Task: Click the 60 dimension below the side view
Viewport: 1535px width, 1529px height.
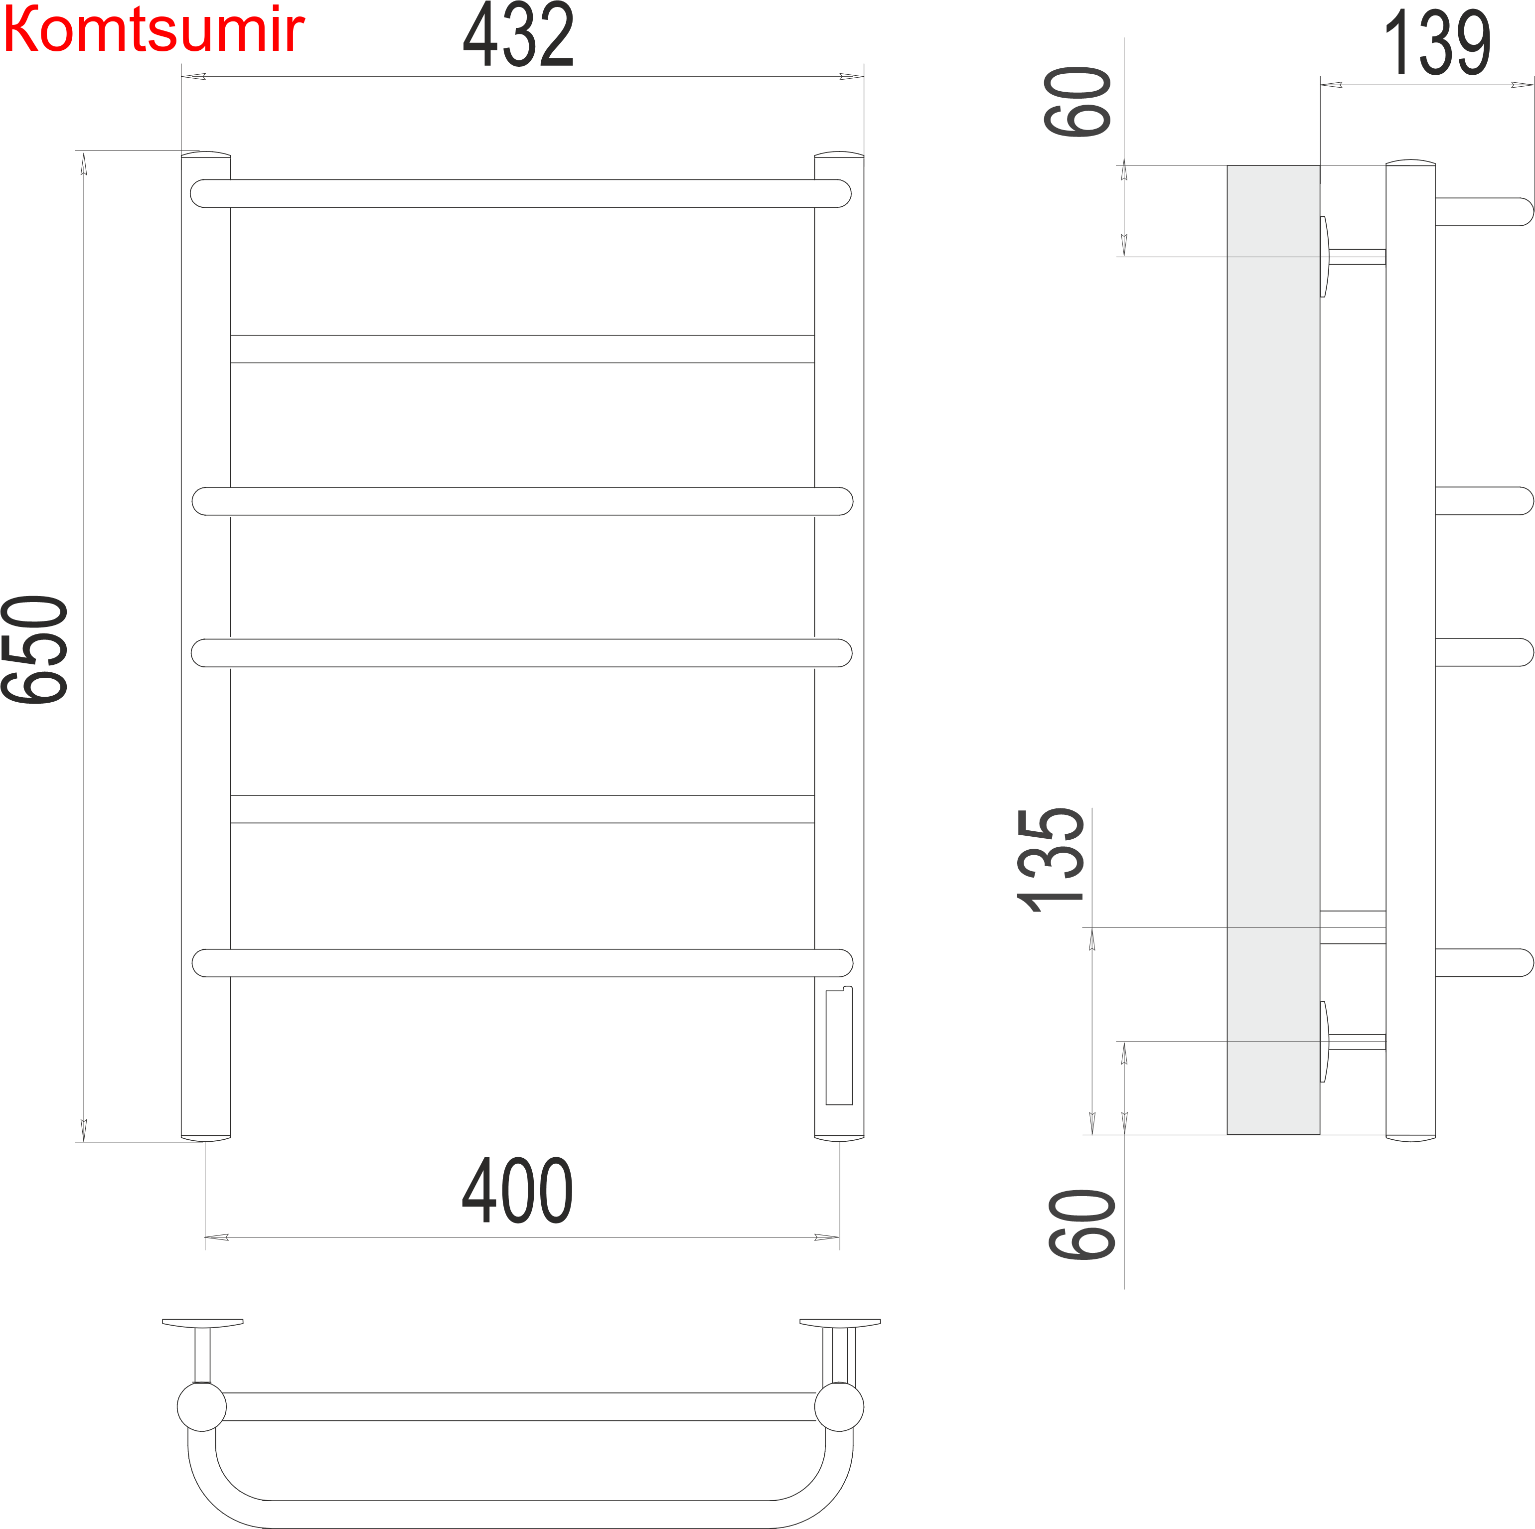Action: pyautogui.click(x=1081, y=1224)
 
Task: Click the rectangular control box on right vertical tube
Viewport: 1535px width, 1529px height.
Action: pyautogui.click(x=839, y=1047)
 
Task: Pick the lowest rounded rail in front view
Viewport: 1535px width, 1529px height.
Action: pyautogui.click(x=522, y=963)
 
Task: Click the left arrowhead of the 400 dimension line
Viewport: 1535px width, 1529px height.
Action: pyautogui.click(x=216, y=1237)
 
